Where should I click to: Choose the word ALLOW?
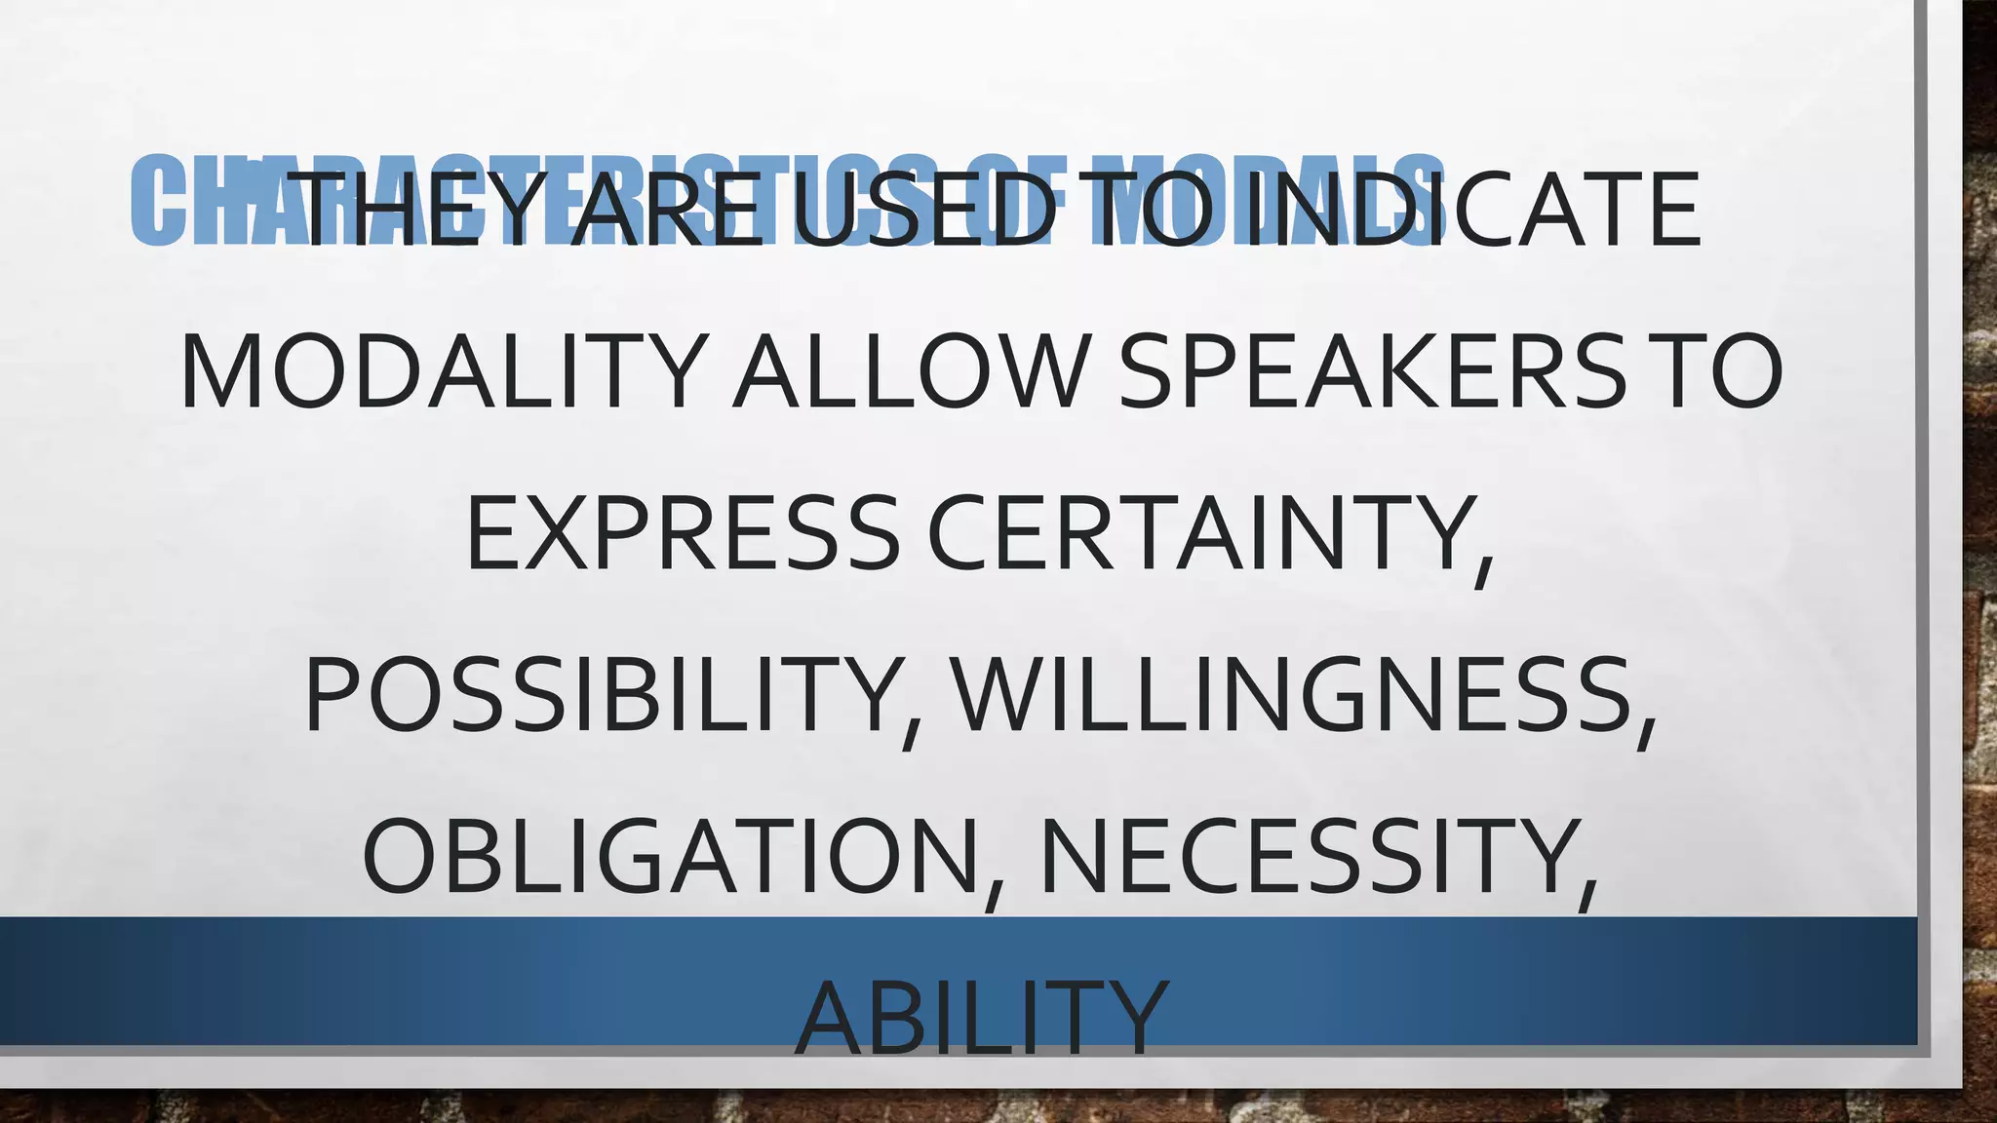pos(911,371)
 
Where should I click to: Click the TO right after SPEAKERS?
pos(1720,371)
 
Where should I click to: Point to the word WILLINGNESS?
pos(1292,696)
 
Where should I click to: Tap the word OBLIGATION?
pos(671,857)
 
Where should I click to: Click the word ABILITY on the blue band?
pos(982,1018)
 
